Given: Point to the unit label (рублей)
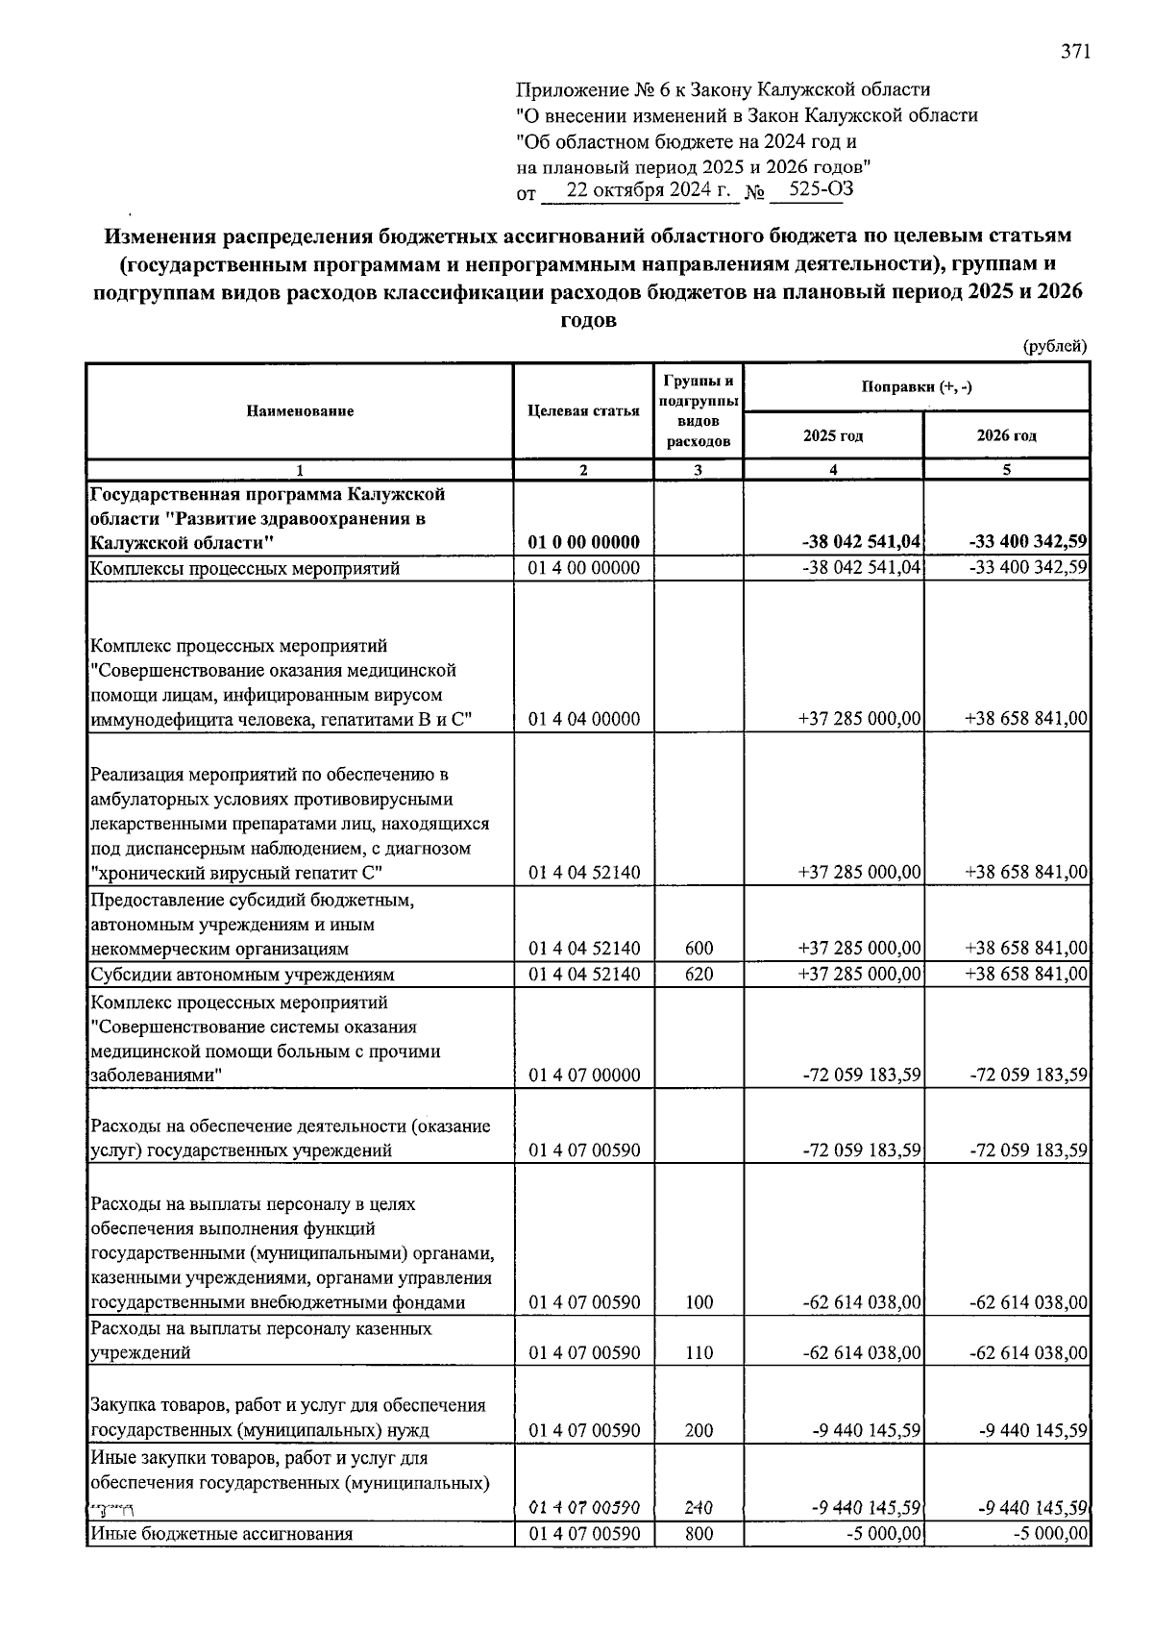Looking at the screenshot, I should point(1055,346).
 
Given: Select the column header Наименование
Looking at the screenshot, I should point(300,411).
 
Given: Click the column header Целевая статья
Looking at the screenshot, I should point(583,411).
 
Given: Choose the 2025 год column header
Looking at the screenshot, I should point(833,435).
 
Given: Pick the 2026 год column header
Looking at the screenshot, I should point(1006,435).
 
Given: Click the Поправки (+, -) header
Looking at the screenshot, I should point(916,387).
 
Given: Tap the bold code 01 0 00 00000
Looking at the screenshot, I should point(583,543).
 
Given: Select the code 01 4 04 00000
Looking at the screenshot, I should point(583,719).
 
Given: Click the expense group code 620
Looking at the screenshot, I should point(699,975).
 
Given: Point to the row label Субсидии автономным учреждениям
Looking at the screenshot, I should point(242,975).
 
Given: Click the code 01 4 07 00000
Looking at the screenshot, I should point(583,1076).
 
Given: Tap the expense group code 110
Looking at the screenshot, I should point(699,1353).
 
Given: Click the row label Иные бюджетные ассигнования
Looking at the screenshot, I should point(221,1534).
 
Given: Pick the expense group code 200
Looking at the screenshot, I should point(699,1430).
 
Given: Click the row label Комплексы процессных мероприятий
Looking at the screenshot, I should point(244,568).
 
